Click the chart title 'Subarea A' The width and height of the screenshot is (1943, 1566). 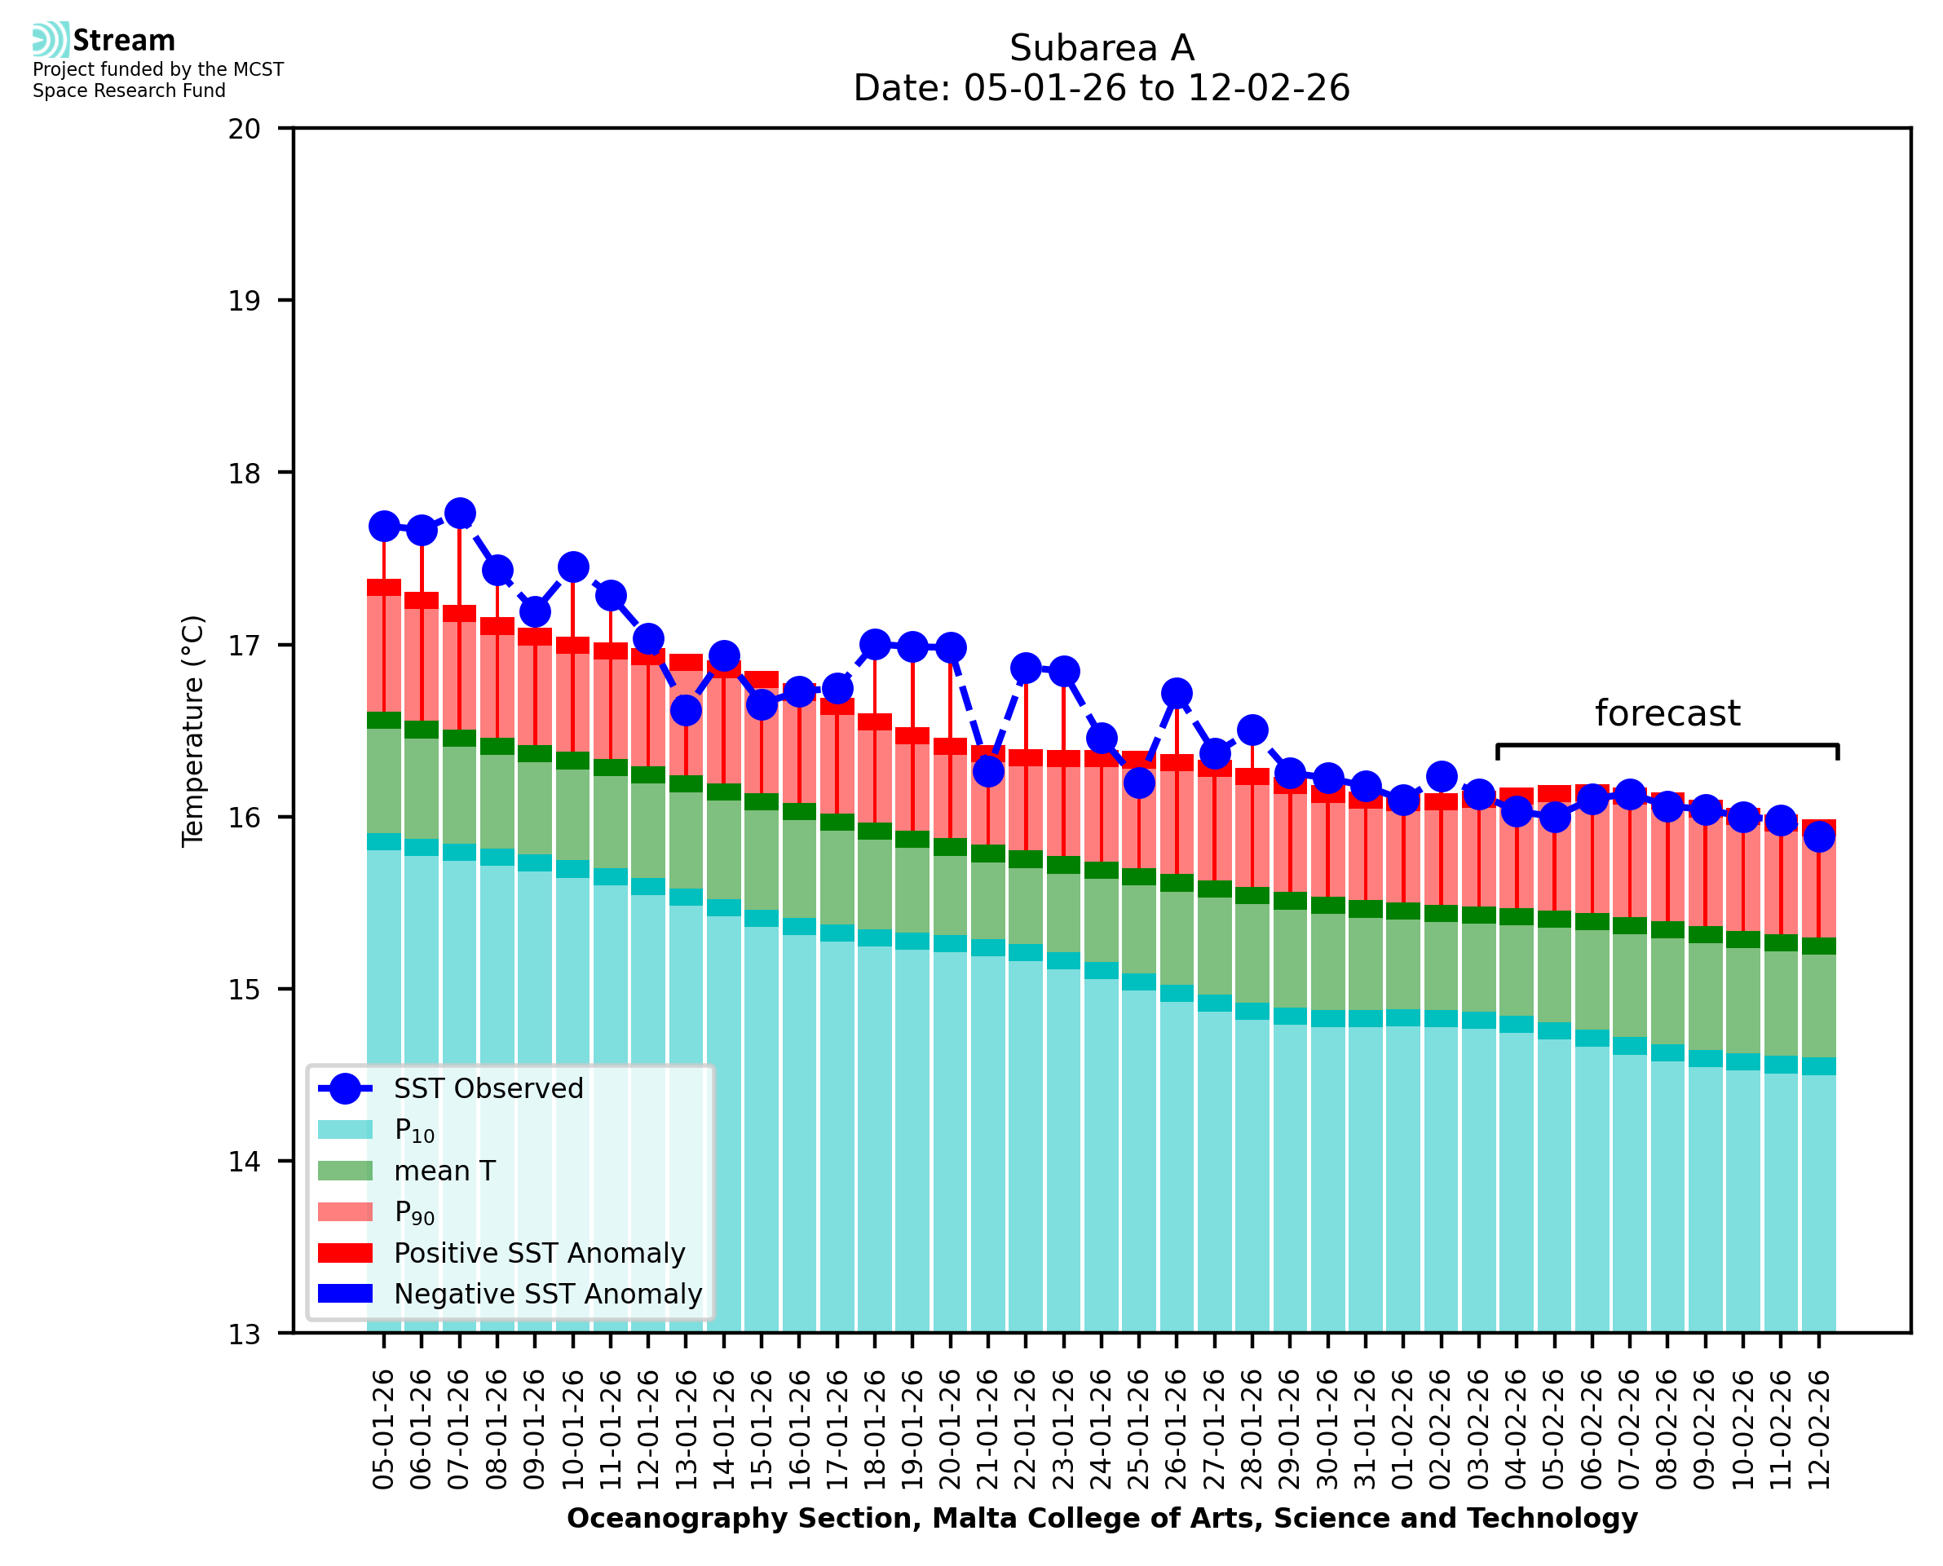click(x=1102, y=48)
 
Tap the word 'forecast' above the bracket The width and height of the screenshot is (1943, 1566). click(x=1667, y=713)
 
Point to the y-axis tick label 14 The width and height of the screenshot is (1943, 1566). click(x=244, y=1162)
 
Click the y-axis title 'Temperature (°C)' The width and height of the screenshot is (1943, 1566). click(x=193, y=730)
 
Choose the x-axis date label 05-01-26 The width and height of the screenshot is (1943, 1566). click(x=383, y=1429)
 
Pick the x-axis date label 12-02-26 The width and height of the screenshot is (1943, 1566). click(x=1818, y=1429)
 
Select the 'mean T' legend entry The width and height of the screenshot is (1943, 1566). click(x=444, y=1171)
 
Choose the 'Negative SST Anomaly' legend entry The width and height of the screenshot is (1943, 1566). click(x=548, y=1294)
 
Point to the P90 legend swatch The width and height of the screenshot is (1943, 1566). click(x=346, y=1211)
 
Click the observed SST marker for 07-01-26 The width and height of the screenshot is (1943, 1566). click(x=460, y=513)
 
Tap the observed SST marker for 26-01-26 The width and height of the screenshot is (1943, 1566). click(x=1177, y=693)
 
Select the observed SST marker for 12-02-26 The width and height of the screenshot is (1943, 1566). click(x=1818, y=837)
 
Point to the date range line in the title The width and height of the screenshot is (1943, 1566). click(x=1102, y=88)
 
